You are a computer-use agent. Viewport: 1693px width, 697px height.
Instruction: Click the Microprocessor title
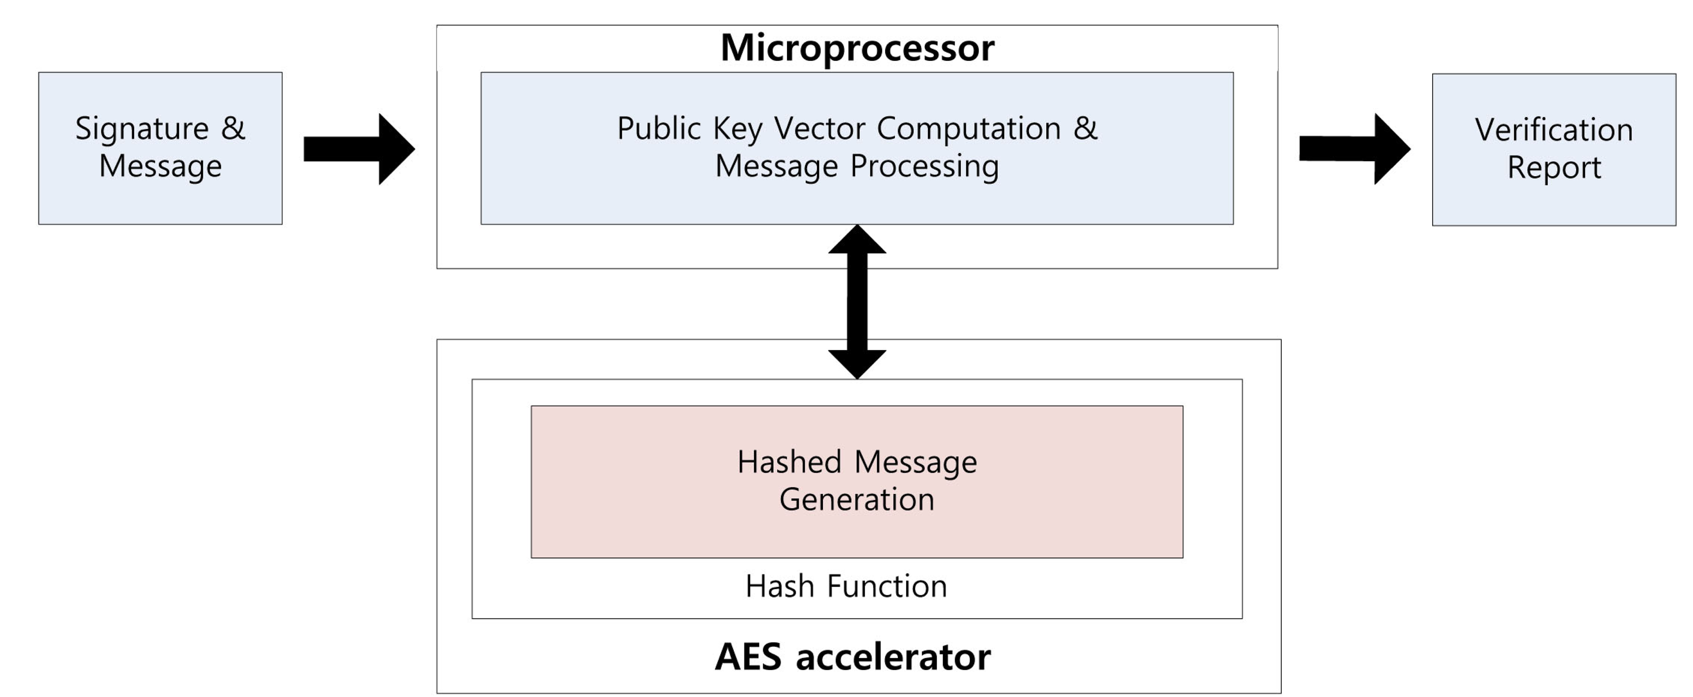pos(857,48)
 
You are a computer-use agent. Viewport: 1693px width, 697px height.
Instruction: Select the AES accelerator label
pos(852,657)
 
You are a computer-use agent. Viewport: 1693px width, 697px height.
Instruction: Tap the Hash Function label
pos(846,586)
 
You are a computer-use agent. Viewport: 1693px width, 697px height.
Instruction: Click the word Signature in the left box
pos(141,129)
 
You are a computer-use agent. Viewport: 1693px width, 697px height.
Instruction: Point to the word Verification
pos(1554,130)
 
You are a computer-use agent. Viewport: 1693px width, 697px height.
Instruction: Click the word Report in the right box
pos(1554,167)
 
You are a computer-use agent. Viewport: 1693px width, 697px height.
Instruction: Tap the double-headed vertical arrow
pos(857,302)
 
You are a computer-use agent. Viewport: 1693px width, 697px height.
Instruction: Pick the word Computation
pos(969,128)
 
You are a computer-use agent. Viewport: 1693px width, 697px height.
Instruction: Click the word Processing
pos(925,166)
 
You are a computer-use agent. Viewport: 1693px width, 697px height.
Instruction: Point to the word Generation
pos(856,500)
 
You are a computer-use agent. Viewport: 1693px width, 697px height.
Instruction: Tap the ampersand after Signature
pos(232,128)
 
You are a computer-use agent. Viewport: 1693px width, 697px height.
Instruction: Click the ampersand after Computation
pos(1085,128)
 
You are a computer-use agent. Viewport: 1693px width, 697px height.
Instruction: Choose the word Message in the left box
pos(161,166)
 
